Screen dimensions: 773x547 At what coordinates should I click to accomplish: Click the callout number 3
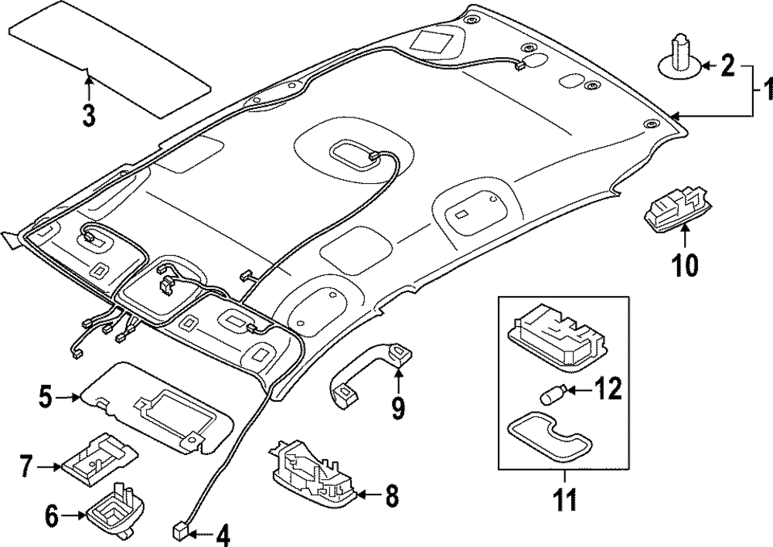[x=89, y=115]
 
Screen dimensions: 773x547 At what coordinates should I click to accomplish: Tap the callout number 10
[x=685, y=265]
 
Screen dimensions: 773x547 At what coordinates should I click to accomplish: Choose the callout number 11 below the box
[x=564, y=499]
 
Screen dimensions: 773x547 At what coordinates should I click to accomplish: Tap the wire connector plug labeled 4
[x=179, y=532]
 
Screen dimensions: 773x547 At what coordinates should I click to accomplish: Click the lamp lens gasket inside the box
[x=548, y=437]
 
